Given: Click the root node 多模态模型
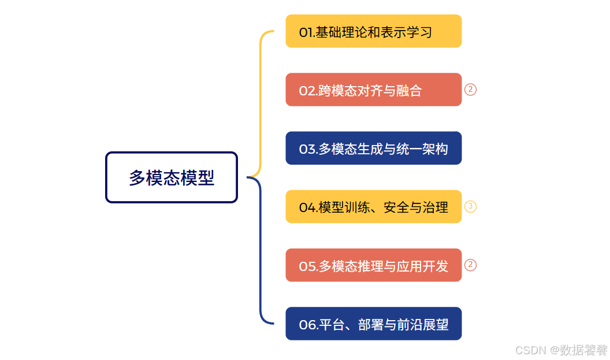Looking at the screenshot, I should click(172, 177).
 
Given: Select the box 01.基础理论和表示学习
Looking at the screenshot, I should click(373, 31).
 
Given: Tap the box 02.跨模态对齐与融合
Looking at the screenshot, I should click(373, 90).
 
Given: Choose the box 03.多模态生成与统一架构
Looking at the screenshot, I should click(373, 149).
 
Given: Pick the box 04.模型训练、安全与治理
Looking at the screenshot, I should click(373, 207).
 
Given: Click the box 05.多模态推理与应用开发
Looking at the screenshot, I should click(373, 265).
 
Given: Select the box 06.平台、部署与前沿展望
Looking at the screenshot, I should click(373, 324).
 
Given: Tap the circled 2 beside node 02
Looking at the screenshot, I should click(470, 90).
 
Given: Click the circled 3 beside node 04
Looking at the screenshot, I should click(470, 206).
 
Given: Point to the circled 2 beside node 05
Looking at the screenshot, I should click(470, 265).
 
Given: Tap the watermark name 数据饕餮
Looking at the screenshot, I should click(586, 350).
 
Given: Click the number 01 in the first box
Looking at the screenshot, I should click(306, 32).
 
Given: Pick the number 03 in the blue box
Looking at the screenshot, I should click(307, 150).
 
